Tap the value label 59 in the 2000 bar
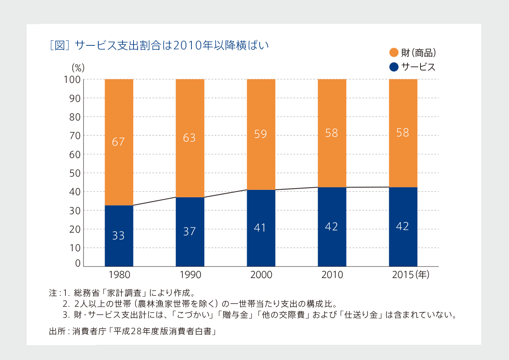260,134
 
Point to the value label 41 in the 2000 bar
260,227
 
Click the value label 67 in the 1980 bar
118,142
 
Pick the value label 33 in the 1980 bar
118,236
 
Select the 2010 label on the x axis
332,275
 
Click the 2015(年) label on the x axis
411,275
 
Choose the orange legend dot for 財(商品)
394,52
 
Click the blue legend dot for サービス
394,67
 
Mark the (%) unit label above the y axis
78,67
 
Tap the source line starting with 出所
133,331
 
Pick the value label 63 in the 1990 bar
189,138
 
